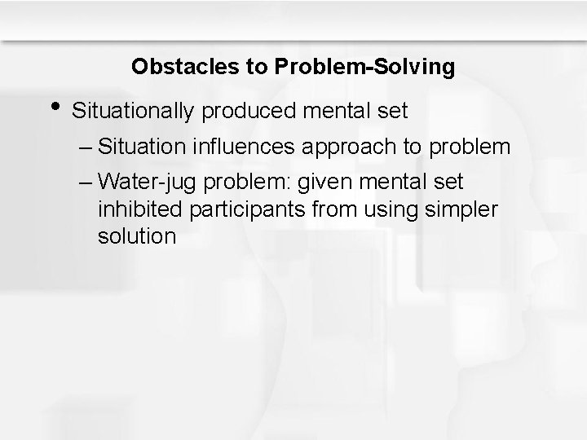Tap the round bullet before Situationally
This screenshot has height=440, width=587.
(54, 107)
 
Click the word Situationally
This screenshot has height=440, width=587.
(131, 111)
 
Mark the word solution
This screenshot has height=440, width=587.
(136, 236)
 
